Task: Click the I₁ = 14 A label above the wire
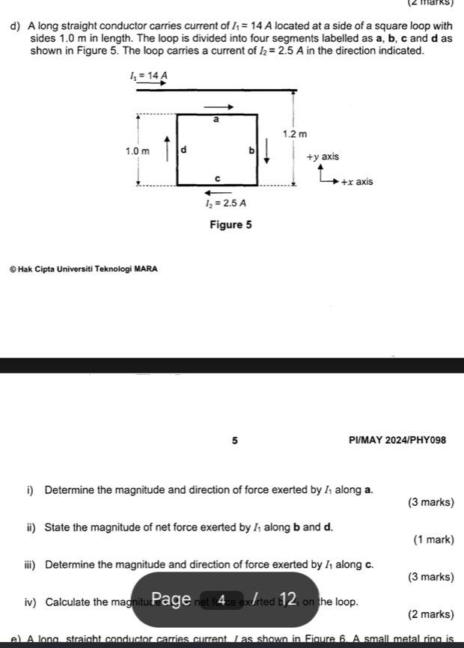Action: tap(148, 76)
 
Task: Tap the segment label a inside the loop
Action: tap(216, 119)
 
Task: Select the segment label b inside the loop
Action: tap(251, 150)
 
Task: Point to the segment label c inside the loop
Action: tap(216, 178)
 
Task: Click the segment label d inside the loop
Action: tap(184, 150)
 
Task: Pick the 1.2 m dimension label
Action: tap(295, 134)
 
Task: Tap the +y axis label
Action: tap(323, 157)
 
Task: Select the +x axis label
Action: tap(356, 182)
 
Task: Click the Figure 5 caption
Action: tap(226, 224)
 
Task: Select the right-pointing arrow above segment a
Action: tap(215, 106)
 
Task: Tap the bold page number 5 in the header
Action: tap(234, 440)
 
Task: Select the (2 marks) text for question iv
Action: tap(430, 614)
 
